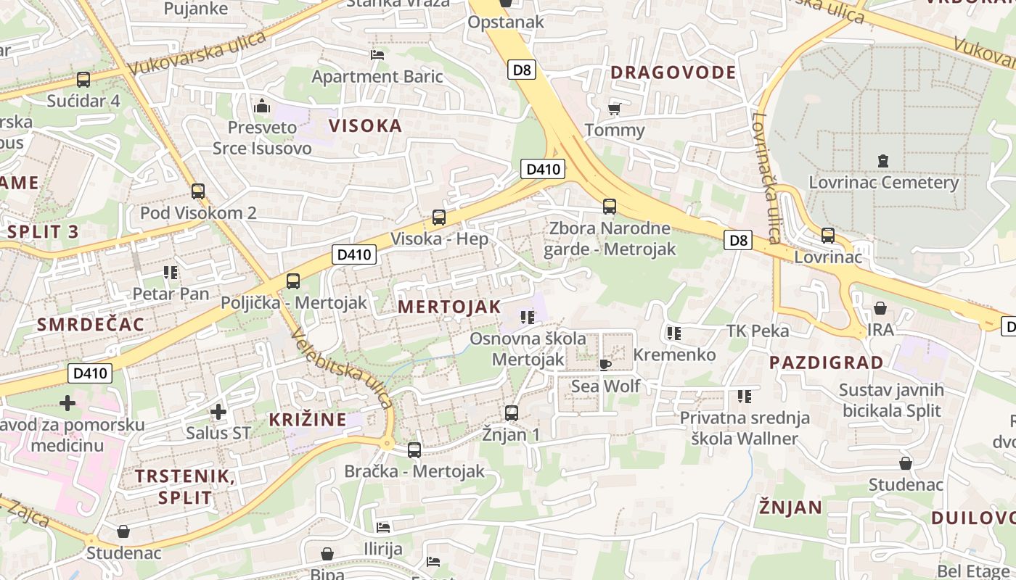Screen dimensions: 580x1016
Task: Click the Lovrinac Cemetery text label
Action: pos(883,182)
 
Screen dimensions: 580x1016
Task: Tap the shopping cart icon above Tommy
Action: pos(615,109)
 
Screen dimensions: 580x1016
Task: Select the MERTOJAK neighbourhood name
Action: pos(449,307)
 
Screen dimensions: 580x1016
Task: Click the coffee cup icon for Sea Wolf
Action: pos(605,364)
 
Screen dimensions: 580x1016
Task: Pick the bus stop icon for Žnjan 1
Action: pos(512,413)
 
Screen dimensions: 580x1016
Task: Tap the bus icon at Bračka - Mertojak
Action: pos(414,450)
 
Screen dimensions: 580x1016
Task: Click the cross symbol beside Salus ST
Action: pos(218,413)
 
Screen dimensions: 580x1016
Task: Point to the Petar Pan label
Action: pos(171,294)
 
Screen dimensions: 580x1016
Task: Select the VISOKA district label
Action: pos(365,125)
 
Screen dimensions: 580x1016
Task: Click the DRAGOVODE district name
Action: pos(673,72)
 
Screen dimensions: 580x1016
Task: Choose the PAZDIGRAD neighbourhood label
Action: pos(826,362)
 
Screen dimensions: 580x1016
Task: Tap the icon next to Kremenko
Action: pos(674,333)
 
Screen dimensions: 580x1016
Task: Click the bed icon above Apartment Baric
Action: pos(377,55)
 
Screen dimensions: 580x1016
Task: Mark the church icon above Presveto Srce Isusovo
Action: pos(262,107)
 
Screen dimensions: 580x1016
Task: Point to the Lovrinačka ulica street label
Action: pos(766,177)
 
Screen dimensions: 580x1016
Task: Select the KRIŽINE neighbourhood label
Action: pos(308,419)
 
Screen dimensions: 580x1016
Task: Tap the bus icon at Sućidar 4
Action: pos(83,80)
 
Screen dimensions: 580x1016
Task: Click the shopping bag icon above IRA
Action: pos(880,309)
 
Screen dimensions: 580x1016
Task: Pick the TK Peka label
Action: pos(758,331)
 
